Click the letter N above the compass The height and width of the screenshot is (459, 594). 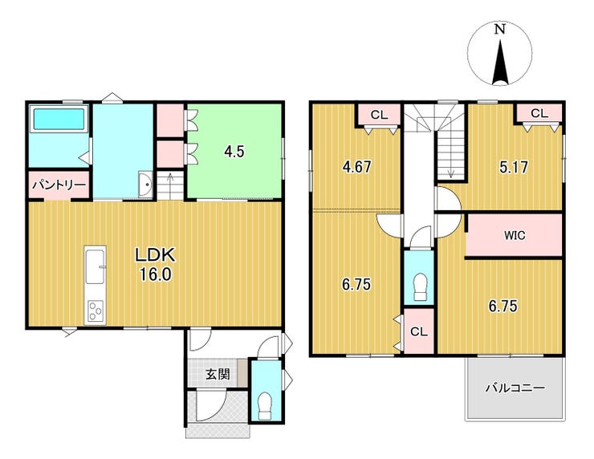click(500, 29)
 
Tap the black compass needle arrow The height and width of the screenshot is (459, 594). click(500, 63)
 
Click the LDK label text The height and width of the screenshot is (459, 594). click(155, 255)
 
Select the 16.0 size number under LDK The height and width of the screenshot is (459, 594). click(156, 274)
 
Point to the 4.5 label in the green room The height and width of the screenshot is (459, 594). click(234, 152)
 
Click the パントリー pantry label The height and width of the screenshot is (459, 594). click(59, 185)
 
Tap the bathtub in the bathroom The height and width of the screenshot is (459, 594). click(59, 119)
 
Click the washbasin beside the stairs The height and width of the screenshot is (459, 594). click(145, 185)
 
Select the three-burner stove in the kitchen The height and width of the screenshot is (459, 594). click(95, 311)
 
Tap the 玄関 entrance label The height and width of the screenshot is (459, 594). click(218, 374)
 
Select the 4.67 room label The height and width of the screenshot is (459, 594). click(356, 167)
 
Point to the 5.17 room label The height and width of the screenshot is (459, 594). click(514, 167)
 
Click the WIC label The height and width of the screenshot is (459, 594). click(515, 235)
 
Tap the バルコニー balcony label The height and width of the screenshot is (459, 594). click(515, 388)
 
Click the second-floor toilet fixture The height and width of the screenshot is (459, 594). click(418, 287)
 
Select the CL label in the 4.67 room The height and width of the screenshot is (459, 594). click(379, 115)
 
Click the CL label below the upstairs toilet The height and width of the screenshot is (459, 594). click(418, 331)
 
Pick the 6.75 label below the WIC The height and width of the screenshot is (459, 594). click(502, 306)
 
